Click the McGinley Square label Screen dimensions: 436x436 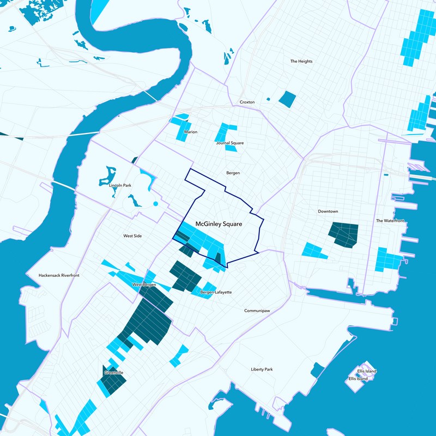point(218,224)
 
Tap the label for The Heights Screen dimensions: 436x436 point(301,62)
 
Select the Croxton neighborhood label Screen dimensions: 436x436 point(247,102)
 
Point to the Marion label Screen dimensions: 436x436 point(191,132)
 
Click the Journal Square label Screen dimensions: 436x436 point(229,143)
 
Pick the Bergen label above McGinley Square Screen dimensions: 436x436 point(233,173)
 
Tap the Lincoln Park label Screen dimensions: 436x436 point(120,186)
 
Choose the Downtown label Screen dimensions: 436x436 point(328,211)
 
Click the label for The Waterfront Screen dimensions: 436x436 point(390,221)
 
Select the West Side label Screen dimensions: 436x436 point(132,236)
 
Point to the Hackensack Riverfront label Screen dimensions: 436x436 point(59,276)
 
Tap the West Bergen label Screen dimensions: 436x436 point(144,286)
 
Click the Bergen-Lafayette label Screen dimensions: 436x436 point(216,293)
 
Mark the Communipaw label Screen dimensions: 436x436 point(257,311)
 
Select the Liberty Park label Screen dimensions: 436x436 point(262,370)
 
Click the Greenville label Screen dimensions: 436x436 point(113,373)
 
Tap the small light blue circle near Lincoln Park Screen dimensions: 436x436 point(155,204)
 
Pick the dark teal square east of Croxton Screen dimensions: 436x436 point(287,99)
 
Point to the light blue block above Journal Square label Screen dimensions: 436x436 point(226,131)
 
